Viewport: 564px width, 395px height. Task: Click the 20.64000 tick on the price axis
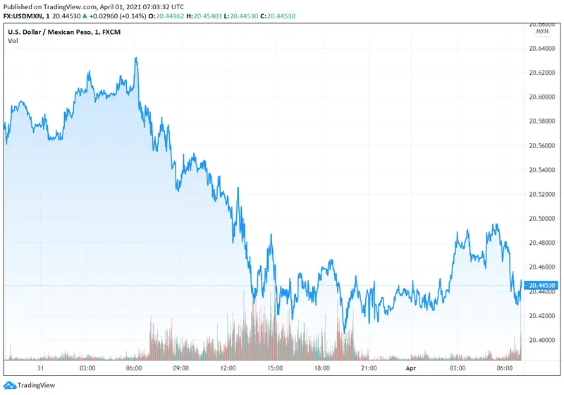[x=542, y=49]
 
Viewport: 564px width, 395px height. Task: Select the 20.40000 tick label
[x=542, y=339]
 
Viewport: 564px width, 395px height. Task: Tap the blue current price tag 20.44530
[x=543, y=285]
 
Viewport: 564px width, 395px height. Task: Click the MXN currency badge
[x=542, y=31]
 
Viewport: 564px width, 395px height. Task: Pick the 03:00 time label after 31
[x=87, y=368]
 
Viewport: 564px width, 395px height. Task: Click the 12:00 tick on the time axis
[x=228, y=368]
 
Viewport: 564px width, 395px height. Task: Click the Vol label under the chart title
[x=13, y=41]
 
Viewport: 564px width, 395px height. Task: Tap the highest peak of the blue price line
[x=135, y=58]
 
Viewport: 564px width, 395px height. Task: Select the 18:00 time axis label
[x=321, y=368]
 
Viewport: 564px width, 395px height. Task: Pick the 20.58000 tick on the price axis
[x=542, y=121]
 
